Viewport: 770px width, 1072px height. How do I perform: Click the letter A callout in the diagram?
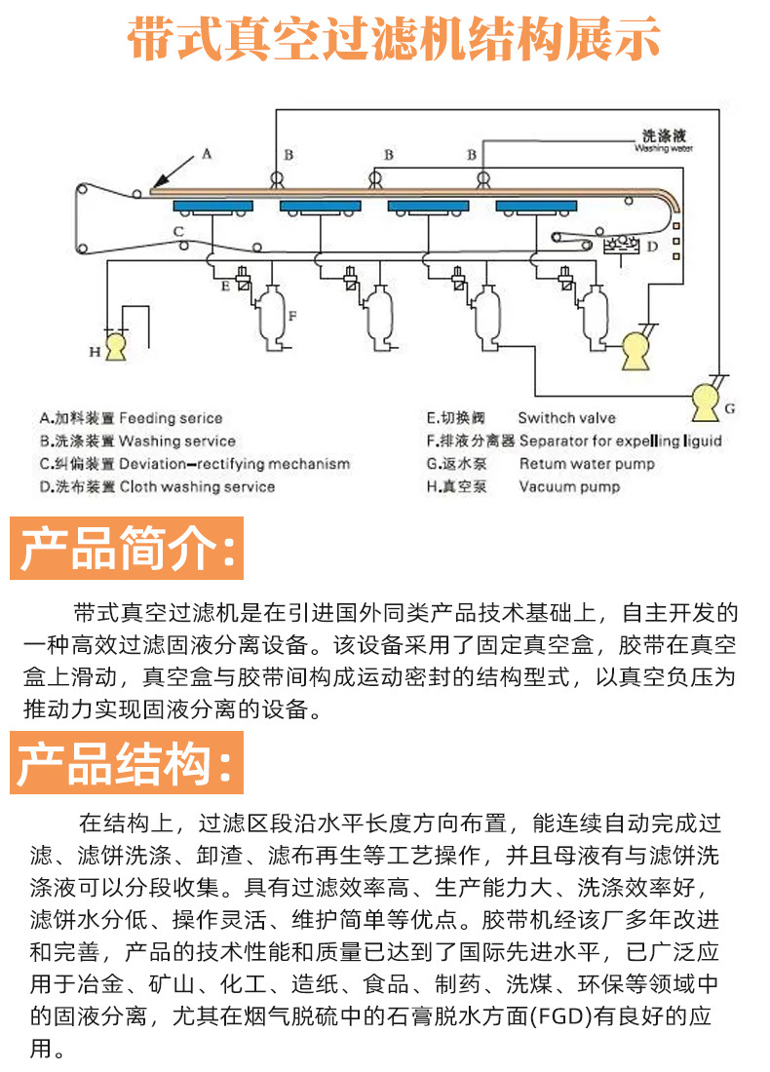pyautogui.click(x=206, y=153)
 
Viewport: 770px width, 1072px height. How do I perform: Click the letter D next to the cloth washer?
pyautogui.click(x=652, y=246)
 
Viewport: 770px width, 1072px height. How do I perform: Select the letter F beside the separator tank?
pyautogui.click(x=291, y=315)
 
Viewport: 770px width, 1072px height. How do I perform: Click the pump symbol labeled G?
pyautogui.click(x=704, y=398)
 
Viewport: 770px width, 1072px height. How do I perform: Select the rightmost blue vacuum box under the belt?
pyautogui.click(x=535, y=207)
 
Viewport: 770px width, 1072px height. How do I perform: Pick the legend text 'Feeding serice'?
pyautogui.click(x=171, y=418)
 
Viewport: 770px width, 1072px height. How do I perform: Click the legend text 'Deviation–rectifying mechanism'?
pyautogui.click(x=234, y=464)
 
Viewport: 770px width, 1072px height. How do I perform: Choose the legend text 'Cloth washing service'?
pyautogui.click(x=197, y=486)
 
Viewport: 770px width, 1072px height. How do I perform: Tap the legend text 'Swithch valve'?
pyautogui.click(x=566, y=418)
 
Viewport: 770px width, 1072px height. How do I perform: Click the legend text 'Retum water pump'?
pyautogui.click(x=587, y=464)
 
